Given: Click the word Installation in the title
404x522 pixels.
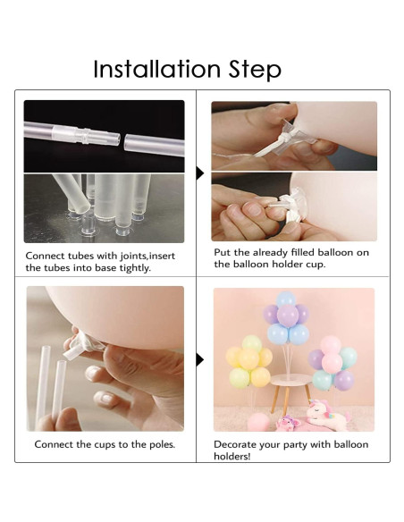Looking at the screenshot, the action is [156, 69].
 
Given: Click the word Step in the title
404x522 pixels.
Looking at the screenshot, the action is [255, 70].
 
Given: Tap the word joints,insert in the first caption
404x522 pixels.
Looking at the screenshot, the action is [147, 256].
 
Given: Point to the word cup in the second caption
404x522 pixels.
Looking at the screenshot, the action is [315, 265].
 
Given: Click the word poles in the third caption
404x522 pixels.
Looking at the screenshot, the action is [161, 444].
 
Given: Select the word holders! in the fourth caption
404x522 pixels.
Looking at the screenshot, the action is [232, 456].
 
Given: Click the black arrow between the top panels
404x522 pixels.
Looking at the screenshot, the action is [200, 173].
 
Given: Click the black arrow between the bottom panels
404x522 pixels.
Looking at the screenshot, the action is [200, 359].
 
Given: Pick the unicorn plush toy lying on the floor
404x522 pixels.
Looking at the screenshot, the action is [327, 415].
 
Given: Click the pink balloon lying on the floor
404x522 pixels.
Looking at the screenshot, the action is [258, 423].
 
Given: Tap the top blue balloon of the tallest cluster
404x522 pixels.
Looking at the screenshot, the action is [286, 299].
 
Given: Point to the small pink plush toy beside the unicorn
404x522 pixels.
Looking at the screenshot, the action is [288, 423].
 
